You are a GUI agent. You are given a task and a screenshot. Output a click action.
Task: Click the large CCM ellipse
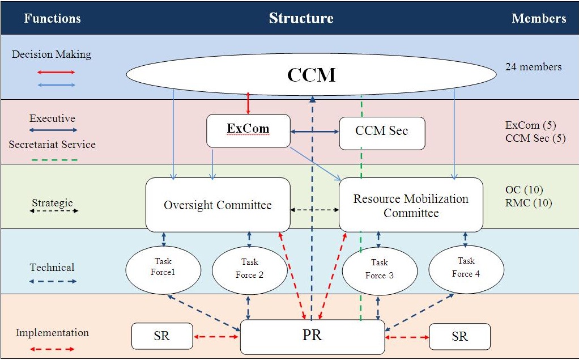tap(311, 74)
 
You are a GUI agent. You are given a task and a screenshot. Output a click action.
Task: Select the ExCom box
tap(248, 130)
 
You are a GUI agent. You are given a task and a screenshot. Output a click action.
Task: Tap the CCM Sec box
tap(382, 133)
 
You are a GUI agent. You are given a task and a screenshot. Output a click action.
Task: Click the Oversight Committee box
tap(218, 205)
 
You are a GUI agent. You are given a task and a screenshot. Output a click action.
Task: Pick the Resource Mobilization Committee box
tap(411, 206)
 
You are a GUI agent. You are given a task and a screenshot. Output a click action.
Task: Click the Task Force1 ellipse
tap(163, 270)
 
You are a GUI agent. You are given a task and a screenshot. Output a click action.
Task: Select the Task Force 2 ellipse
tap(249, 270)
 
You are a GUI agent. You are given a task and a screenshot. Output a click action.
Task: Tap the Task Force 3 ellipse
tap(380, 270)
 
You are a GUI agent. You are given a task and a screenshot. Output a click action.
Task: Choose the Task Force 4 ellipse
tap(466, 269)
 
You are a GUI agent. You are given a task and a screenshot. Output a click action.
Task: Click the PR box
tap(312, 337)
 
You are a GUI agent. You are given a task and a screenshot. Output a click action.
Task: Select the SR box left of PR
tap(162, 336)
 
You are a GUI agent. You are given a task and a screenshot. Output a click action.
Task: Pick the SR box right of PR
tap(459, 337)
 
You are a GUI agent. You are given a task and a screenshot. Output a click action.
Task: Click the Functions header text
tap(52, 18)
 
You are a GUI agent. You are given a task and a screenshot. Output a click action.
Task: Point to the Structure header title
tap(301, 18)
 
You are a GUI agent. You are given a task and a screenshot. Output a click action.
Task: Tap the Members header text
tap(539, 18)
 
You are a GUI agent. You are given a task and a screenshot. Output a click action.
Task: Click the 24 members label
tap(533, 67)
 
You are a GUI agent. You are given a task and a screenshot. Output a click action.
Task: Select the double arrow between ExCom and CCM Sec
tap(314, 132)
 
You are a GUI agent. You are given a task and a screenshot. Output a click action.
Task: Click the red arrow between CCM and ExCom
tap(248, 103)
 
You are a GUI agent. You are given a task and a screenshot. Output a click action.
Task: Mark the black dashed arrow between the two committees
tap(314, 209)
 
